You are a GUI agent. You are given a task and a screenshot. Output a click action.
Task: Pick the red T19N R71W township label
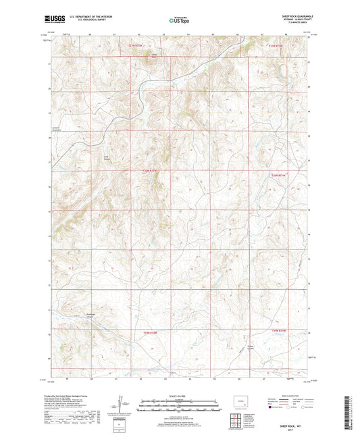pyautogui.click(x=278, y=330)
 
